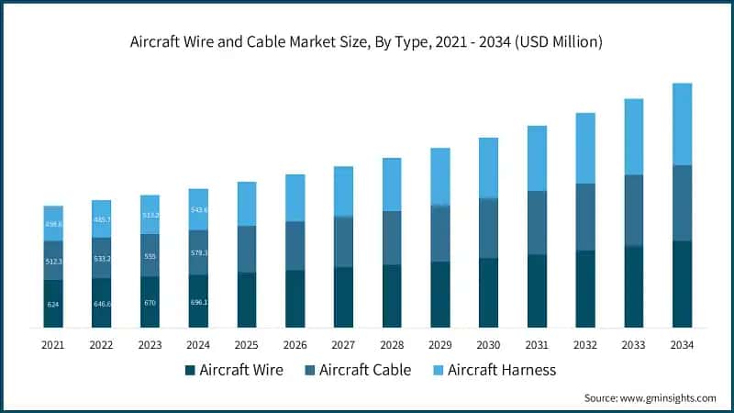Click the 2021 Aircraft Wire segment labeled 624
(53, 304)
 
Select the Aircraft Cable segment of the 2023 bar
(150, 257)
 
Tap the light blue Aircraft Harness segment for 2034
(682, 124)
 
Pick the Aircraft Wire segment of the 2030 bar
(488, 293)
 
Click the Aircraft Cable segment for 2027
(343, 241)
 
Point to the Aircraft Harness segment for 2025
(247, 204)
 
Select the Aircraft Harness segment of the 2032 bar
(585, 148)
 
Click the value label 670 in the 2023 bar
(150, 303)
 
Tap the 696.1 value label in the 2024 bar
(198, 302)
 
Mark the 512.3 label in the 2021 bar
(53, 261)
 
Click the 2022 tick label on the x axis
(102, 345)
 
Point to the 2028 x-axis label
(392, 345)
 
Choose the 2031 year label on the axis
(537, 345)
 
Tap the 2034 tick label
(682, 345)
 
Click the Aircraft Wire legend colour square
(191, 370)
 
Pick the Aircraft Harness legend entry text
(502, 370)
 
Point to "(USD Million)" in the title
(561, 41)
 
